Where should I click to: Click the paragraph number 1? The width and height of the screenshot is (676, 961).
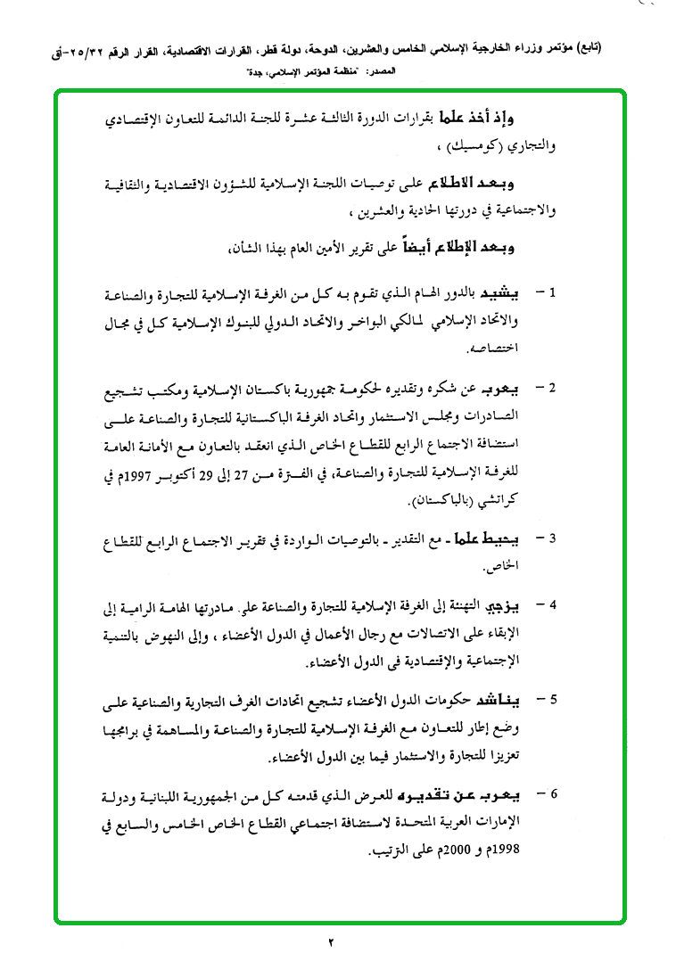coord(552,292)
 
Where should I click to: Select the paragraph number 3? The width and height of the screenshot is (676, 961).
coord(552,538)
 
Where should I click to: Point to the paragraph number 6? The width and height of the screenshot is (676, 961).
coord(552,792)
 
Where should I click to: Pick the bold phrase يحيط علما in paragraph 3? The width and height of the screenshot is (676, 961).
coord(498,538)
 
